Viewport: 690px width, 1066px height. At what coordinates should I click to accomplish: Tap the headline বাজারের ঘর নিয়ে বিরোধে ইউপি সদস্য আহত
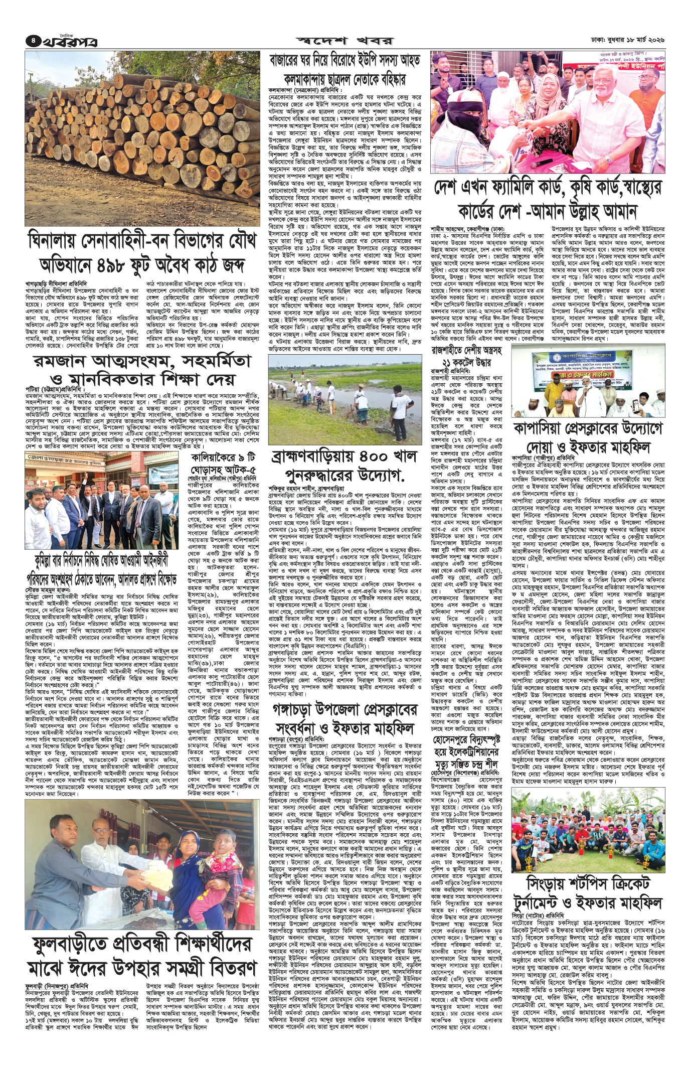[x=345, y=60]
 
